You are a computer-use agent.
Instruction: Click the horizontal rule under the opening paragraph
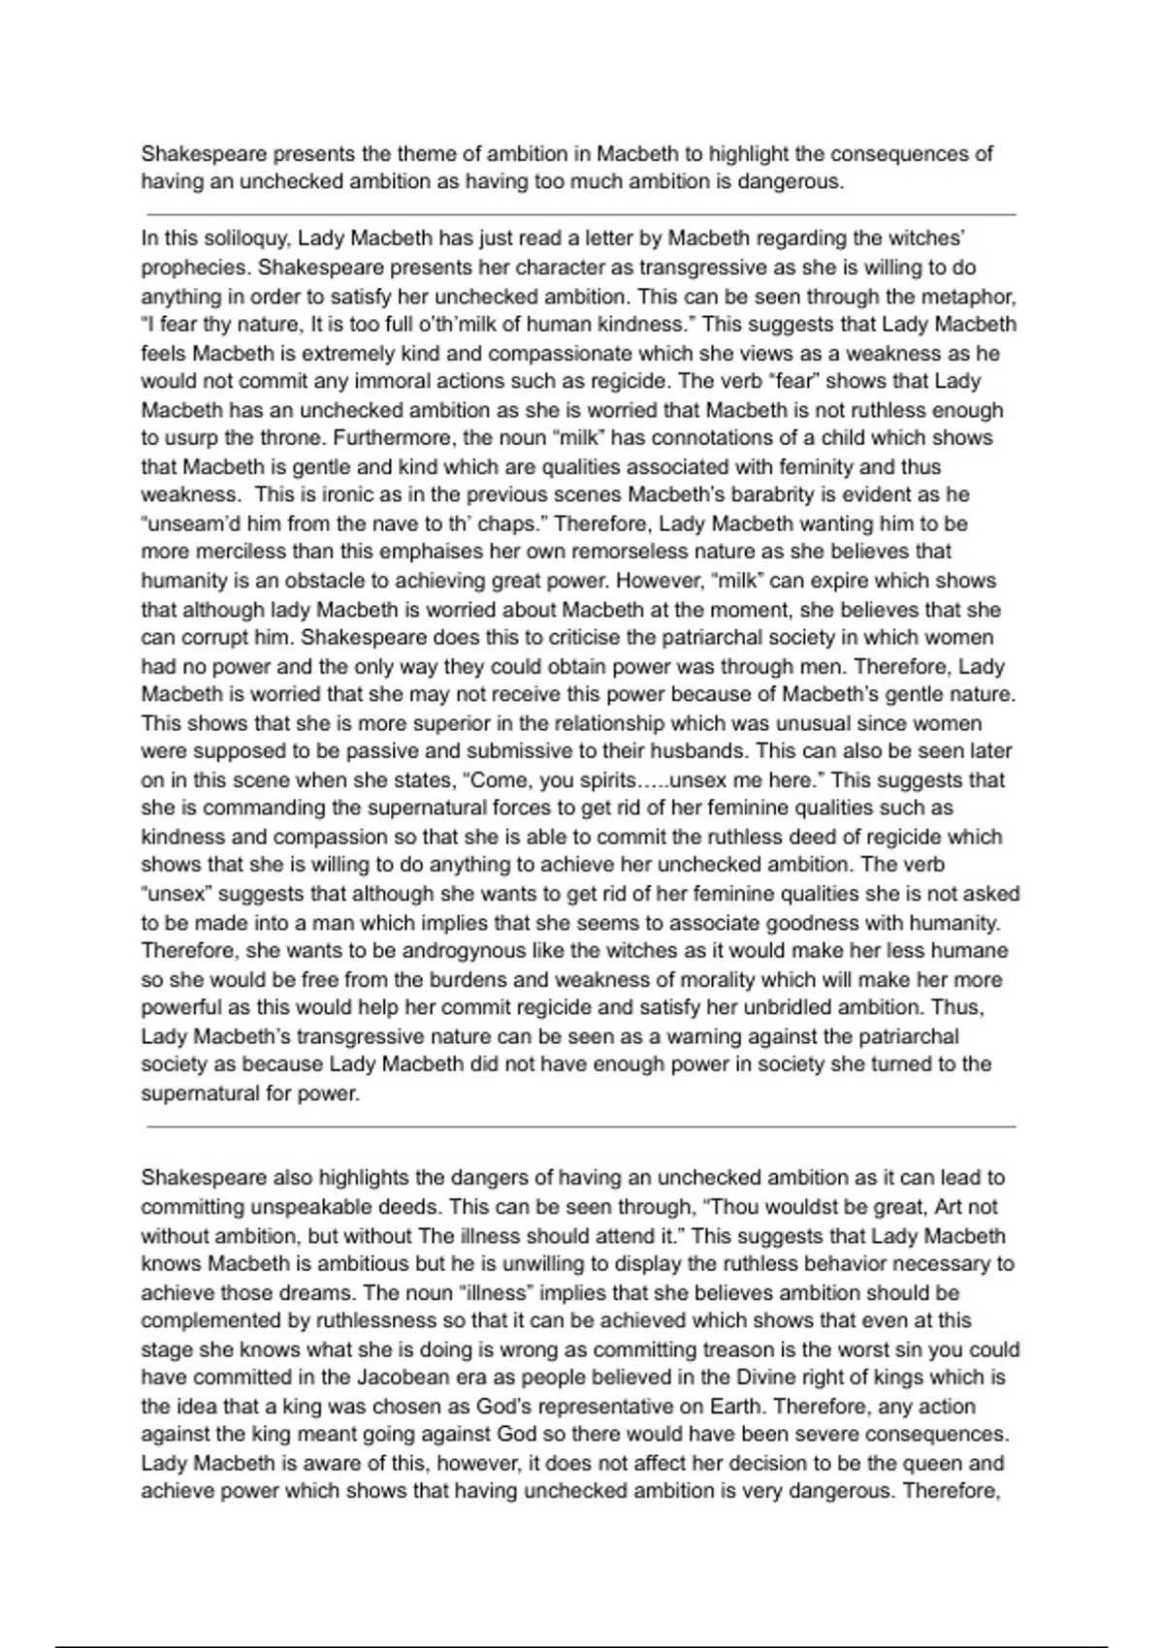click(581, 214)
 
